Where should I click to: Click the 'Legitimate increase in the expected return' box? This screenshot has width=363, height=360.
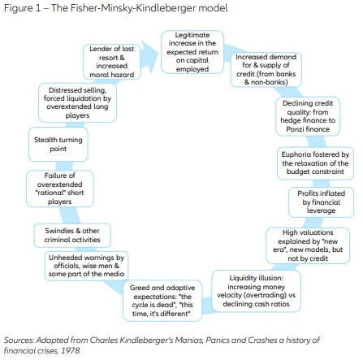click(x=192, y=52)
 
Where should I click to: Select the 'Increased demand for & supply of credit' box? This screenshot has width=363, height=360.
click(x=266, y=70)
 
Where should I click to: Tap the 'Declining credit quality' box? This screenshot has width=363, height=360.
click(x=308, y=116)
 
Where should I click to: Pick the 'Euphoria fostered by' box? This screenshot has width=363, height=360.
click(x=315, y=163)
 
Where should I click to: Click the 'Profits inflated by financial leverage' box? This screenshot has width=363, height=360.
click(x=321, y=202)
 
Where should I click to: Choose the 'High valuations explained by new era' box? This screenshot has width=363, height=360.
click(x=308, y=245)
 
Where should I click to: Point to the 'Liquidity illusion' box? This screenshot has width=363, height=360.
click(x=256, y=291)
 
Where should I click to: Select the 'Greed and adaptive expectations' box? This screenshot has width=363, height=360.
click(x=162, y=301)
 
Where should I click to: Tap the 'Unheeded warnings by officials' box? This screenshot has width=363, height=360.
click(x=86, y=266)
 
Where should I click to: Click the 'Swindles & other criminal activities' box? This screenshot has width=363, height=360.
click(x=72, y=235)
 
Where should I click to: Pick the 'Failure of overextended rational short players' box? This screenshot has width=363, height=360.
click(x=60, y=189)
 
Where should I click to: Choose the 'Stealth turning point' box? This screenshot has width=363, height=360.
click(x=58, y=144)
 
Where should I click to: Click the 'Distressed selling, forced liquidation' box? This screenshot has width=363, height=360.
click(x=77, y=102)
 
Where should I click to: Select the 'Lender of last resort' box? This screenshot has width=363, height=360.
click(x=111, y=62)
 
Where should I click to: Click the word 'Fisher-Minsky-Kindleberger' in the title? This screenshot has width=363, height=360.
click(x=133, y=8)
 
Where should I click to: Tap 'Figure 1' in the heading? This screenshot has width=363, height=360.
click(x=22, y=8)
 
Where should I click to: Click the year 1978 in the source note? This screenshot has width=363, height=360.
click(x=71, y=350)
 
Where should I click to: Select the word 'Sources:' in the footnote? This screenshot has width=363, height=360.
click(x=19, y=340)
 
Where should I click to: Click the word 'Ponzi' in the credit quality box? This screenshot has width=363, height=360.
click(x=295, y=129)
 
